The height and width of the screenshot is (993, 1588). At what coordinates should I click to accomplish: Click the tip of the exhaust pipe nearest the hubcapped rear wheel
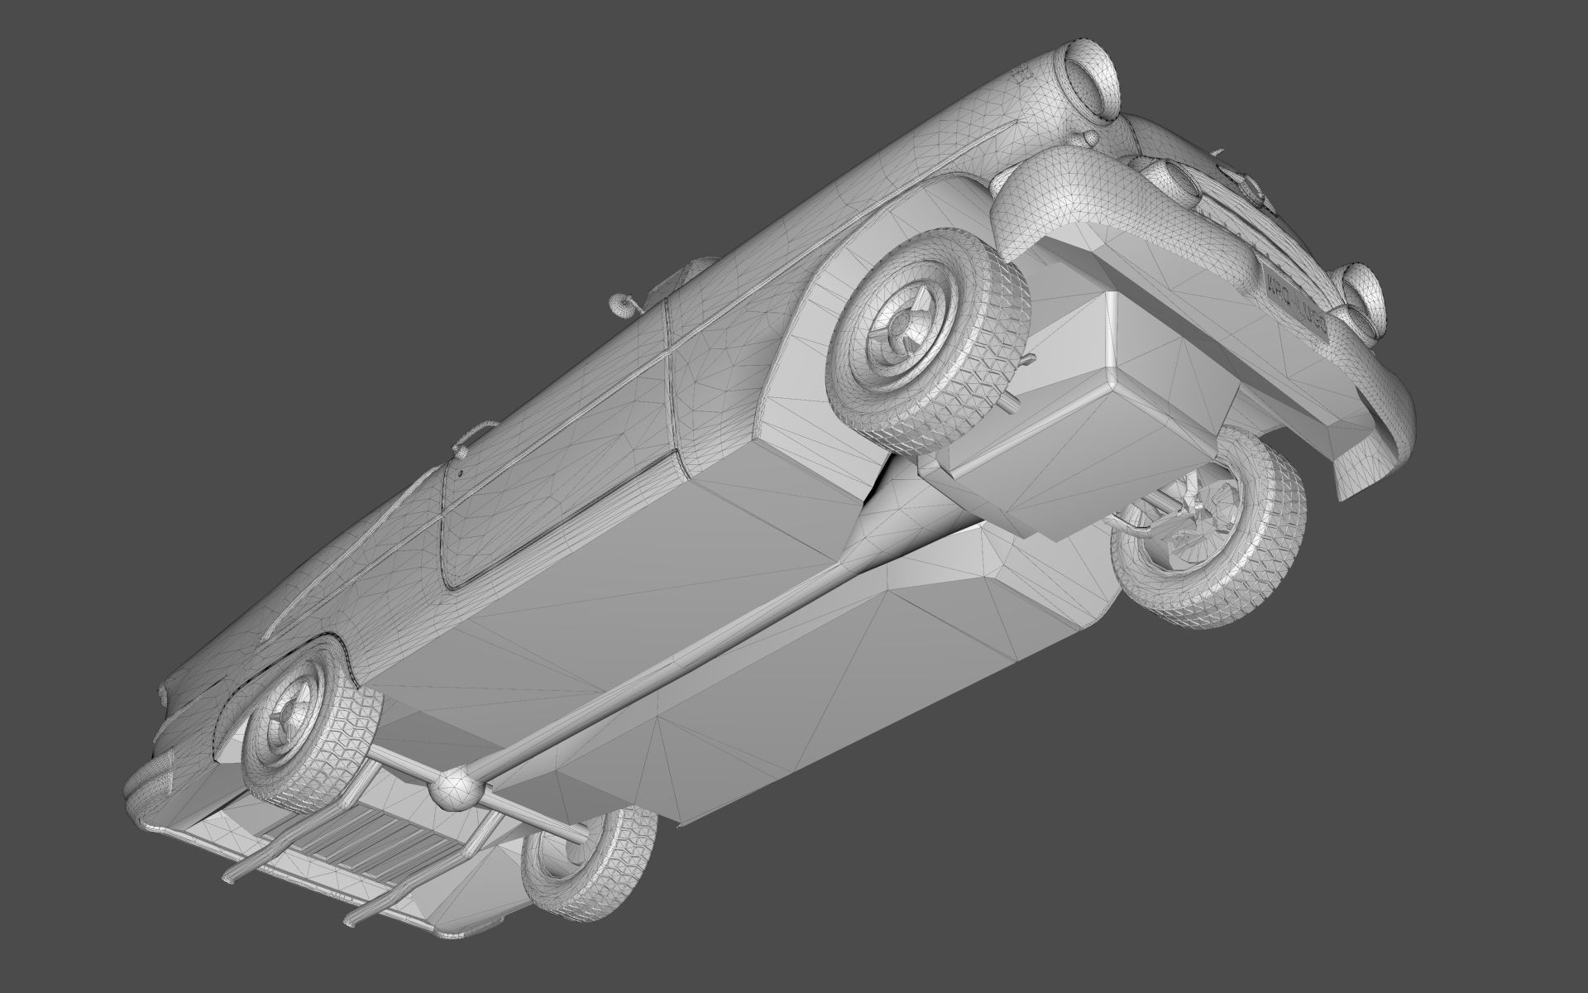pyautogui.click(x=227, y=876)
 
